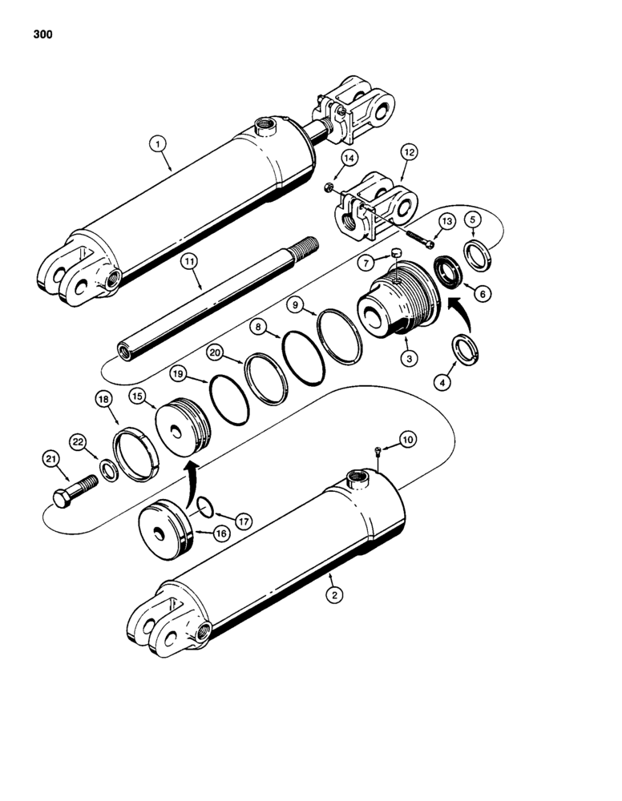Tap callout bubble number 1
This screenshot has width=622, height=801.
159,144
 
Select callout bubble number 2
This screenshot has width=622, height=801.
331,594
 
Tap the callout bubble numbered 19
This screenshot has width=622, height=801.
176,373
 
